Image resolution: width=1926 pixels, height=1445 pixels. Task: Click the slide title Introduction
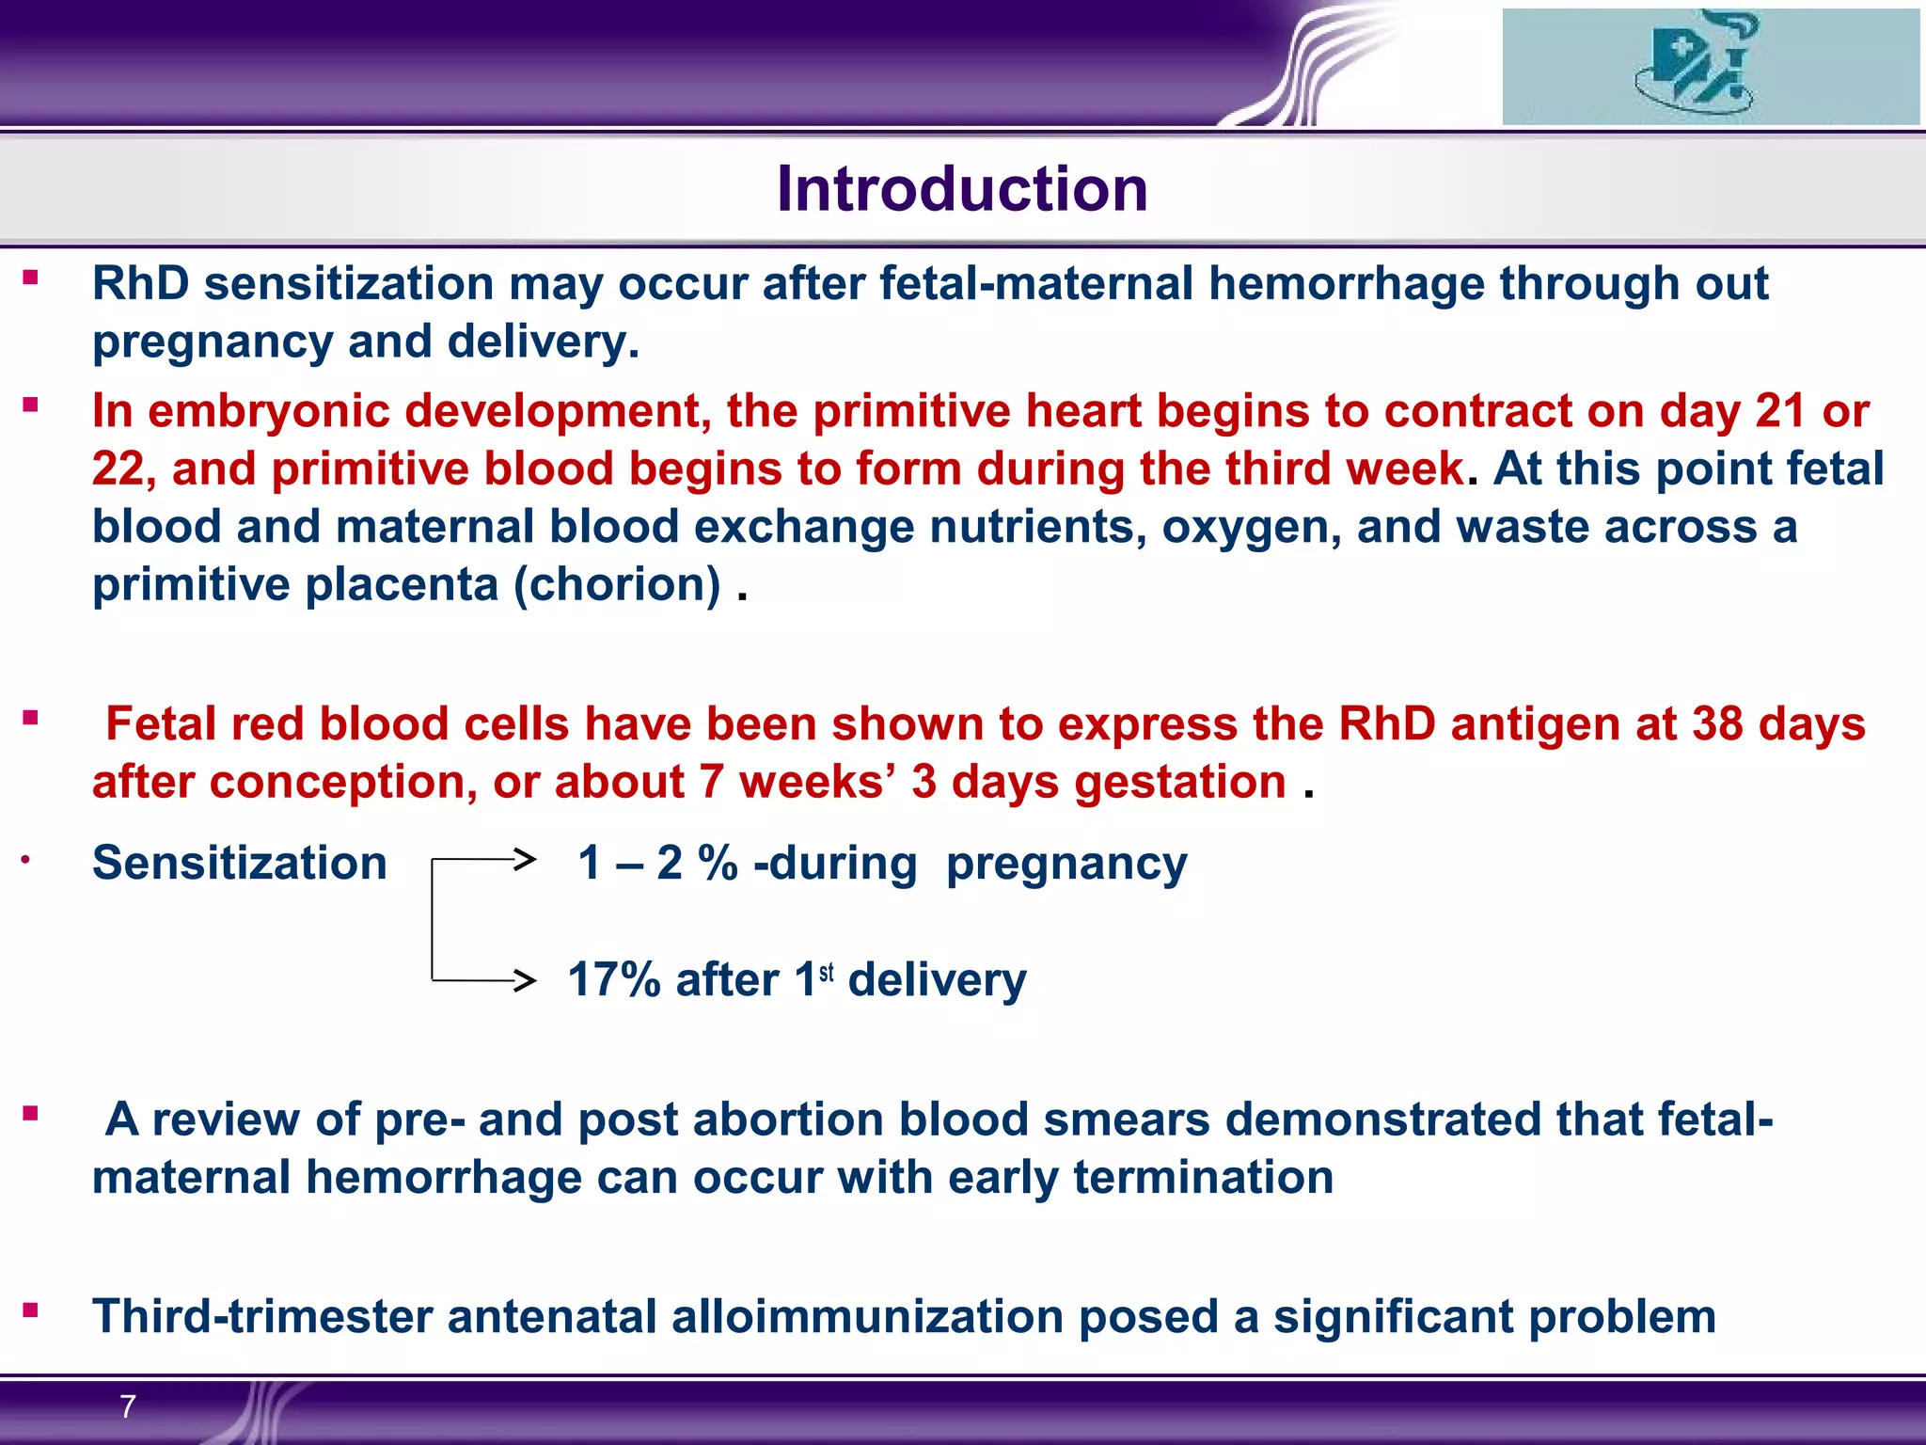click(x=962, y=189)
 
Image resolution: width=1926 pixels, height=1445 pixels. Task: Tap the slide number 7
click(x=128, y=1406)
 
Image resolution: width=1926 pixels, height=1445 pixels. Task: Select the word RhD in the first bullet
click(x=140, y=283)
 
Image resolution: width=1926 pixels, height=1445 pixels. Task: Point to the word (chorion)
click(x=617, y=584)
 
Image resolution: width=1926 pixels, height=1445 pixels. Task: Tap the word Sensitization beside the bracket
click(x=239, y=863)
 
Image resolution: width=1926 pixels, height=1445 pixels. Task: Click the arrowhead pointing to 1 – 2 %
click(x=526, y=858)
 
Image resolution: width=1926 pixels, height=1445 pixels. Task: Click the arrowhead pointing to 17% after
click(x=526, y=980)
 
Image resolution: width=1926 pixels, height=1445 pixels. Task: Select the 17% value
click(x=614, y=980)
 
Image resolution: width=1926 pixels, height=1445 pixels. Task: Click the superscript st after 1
click(x=827, y=972)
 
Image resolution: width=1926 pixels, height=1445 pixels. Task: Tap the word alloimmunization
click(x=867, y=1316)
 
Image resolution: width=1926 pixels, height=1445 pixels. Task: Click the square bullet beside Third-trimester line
click(x=31, y=1310)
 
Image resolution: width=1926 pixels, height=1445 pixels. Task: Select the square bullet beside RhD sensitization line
click(x=31, y=278)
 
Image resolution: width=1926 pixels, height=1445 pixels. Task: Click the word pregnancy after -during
click(x=1066, y=863)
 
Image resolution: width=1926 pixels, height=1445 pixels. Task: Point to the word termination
click(x=1203, y=1177)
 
